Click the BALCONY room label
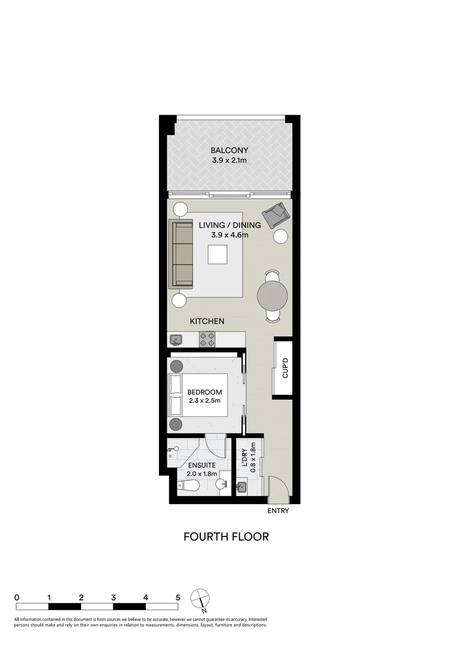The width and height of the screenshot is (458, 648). click(x=229, y=150)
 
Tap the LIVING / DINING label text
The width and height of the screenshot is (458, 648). click(x=230, y=226)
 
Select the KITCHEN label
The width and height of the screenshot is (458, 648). click(x=207, y=322)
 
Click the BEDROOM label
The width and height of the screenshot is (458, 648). click(x=204, y=392)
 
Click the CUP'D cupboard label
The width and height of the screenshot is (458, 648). click(x=285, y=368)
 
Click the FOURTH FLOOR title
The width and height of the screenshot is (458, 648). click(x=226, y=536)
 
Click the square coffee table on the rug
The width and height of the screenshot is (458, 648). click(x=218, y=255)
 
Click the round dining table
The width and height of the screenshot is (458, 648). click(x=273, y=295)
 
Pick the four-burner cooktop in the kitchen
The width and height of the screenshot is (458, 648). click(x=207, y=340)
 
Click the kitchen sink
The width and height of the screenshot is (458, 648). click(x=176, y=340)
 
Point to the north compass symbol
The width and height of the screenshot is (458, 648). click(x=200, y=599)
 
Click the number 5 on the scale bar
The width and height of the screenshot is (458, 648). click(x=178, y=598)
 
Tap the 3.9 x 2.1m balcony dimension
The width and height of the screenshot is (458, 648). click(x=229, y=161)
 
